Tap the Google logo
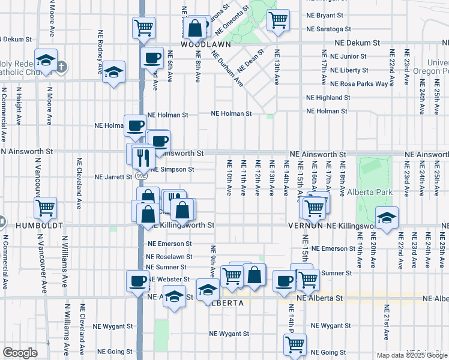click(x=20, y=353)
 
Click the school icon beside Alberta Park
click(x=387, y=217)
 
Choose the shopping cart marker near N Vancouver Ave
click(x=46, y=208)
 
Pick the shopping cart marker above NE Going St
click(x=295, y=344)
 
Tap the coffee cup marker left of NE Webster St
click(x=137, y=281)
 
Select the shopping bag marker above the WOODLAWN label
click(x=196, y=28)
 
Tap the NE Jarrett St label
click(x=113, y=177)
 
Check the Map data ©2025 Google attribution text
click(x=411, y=355)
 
